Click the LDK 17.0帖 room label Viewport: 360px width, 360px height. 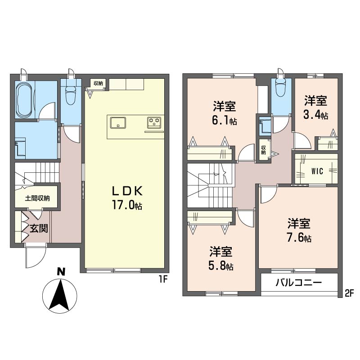coord(127,198)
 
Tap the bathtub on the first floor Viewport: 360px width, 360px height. coord(24,99)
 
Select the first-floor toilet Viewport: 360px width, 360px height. coord(71,92)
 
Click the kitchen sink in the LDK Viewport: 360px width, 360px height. coord(118,122)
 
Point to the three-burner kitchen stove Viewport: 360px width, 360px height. coord(154,122)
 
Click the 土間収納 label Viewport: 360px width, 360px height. coord(37,198)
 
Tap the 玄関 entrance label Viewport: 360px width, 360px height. coord(39,228)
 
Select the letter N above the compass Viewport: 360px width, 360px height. coord(61,272)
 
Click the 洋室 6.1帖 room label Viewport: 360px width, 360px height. coord(224,113)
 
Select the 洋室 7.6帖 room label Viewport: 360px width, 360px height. coord(299,230)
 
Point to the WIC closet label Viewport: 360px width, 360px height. coord(317,171)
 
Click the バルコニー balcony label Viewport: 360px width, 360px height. coord(299,282)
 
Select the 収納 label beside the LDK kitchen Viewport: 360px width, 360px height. coord(98,83)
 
